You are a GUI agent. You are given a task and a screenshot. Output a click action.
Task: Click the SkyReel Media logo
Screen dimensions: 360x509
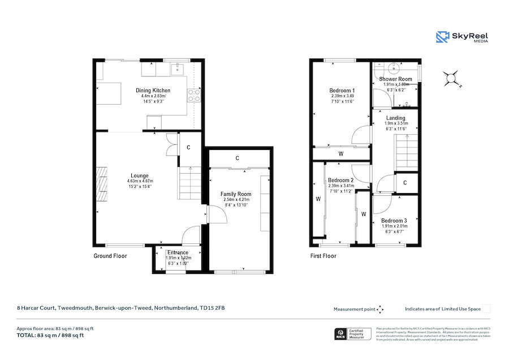(461, 37)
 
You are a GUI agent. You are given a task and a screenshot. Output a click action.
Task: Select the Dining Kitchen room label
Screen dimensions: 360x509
(153, 91)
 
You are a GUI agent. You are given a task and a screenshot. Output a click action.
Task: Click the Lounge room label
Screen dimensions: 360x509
(139, 175)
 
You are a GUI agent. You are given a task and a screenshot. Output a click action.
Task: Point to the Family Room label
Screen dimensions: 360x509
(236, 194)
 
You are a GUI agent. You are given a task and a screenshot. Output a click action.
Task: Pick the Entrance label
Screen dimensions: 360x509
(178, 252)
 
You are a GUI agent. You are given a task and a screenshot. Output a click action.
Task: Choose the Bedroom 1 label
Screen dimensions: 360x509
(342, 91)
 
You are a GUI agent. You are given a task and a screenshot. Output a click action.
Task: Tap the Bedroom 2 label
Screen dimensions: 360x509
(341, 181)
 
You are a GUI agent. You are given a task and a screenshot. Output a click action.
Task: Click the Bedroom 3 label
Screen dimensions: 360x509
(394, 221)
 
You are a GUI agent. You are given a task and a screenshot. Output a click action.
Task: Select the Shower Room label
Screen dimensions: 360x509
(396, 79)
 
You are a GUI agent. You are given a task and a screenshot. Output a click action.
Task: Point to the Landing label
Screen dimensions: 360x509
(396, 118)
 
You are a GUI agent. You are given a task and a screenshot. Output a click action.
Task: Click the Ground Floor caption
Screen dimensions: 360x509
(110, 256)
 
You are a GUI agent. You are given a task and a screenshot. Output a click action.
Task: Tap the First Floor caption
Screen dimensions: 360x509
(323, 256)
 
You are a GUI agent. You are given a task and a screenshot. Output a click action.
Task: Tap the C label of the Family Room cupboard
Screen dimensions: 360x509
(237, 157)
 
